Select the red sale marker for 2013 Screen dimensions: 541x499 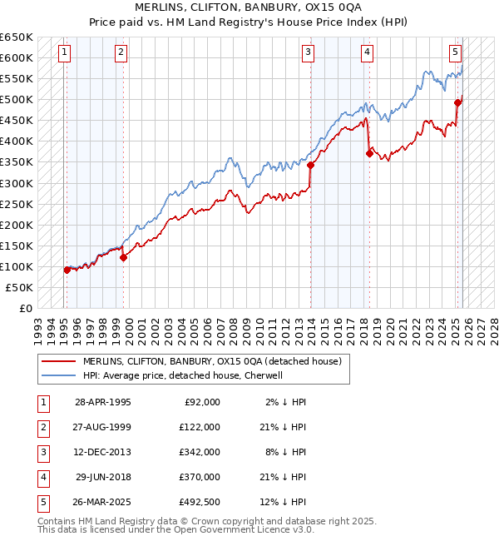(311, 165)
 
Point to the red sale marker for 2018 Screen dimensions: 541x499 (369, 153)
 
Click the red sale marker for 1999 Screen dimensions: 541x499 (124, 257)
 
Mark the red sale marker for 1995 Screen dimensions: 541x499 (67, 270)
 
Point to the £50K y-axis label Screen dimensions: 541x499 (19, 287)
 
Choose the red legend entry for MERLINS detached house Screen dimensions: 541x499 (205, 361)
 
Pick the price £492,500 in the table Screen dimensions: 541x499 (200, 502)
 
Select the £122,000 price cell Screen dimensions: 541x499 (200, 427)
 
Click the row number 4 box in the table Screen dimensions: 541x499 (42, 477)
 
